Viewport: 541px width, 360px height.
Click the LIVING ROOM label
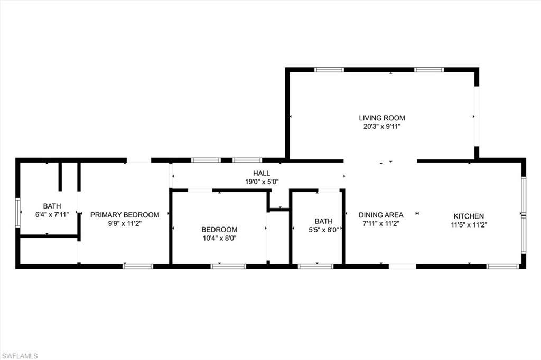pyautogui.click(x=382, y=118)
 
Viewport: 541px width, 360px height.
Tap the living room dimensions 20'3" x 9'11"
pyautogui.click(x=382, y=127)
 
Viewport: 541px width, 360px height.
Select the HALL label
pyautogui.click(x=261, y=173)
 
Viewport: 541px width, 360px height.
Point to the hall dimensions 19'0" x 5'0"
pyautogui.click(x=261, y=182)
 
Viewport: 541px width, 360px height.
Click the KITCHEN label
pyautogui.click(x=469, y=216)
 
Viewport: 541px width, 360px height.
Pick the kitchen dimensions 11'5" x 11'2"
pyautogui.click(x=469, y=224)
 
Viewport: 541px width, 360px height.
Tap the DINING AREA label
pyautogui.click(x=381, y=215)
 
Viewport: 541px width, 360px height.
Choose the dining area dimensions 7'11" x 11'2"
pyautogui.click(x=381, y=223)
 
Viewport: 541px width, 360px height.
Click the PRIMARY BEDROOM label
pyautogui.click(x=125, y=215)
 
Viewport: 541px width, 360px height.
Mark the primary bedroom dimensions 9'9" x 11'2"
pyautogui.click(x=125, y=223)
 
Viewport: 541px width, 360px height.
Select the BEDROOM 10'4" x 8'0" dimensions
pyautogui.click(x=219, y=238)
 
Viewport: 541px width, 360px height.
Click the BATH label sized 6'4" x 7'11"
pyautogui.click(x=52, y=206)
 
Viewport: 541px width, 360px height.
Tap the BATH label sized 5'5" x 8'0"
pyautogui.click(x=323, y=221)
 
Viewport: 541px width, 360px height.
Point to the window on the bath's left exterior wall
pyautogui.click(x=17, y=213)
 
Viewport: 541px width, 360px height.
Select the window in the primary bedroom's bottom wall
pyautogui.click(x=138, y=267)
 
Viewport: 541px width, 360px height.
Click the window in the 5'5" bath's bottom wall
pyautogui.click(x=315, y=267)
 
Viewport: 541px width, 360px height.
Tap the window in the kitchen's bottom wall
pyautogui.click(x=502, y=267)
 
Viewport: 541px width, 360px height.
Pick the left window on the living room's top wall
pyautogui.click(x=329, y=69)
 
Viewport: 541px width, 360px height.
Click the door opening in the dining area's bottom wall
pyautogui.click(x=403, y=267)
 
